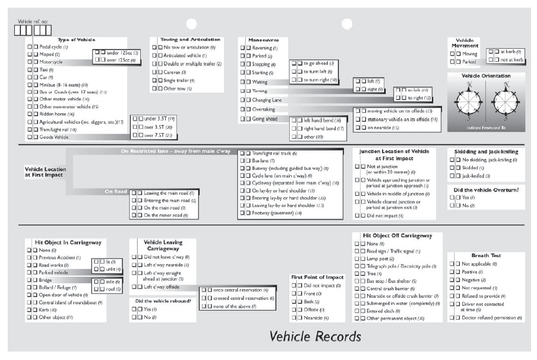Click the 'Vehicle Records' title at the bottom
click(x=315, y=336)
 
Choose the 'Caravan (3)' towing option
click(x=175, y=72)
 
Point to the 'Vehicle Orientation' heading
click(x=486, y=76)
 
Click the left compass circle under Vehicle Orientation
click(x=470, y=102)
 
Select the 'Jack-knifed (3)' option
click(x=477, y=176)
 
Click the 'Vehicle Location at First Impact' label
click(x=45, y=172)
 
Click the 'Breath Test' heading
click(x=487, y=255)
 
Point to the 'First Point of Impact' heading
click(x=317, y=277)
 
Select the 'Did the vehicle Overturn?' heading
click(x=485, y=190)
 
